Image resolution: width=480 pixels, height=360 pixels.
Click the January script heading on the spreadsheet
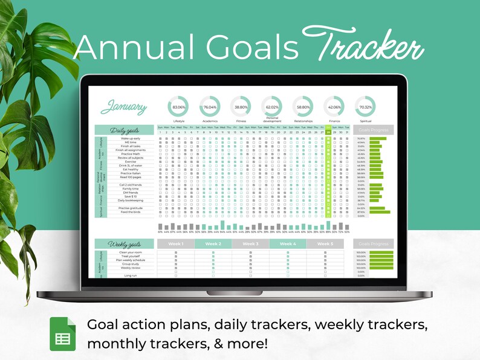click(124, 108)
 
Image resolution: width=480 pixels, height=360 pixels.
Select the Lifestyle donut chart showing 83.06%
click(178, 107)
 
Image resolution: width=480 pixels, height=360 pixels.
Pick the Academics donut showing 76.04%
click(210, 107)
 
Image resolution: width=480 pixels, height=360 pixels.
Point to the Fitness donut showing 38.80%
click(241, 107)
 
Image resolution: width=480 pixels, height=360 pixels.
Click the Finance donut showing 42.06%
click(334, 107)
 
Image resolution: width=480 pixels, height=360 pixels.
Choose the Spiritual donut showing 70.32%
click(365, 107)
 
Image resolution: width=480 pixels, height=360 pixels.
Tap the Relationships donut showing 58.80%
click(303, 107)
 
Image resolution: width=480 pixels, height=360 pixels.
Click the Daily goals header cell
click(125, 130)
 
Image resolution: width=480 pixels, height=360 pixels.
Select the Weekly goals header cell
click(125, 243)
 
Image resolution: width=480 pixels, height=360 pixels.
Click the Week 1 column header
click(176, 243)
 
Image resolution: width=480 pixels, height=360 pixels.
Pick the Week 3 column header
click(250, 243)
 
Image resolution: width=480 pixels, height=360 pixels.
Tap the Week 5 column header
click(325, 243)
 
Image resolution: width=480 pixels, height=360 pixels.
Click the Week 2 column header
click(213, 243)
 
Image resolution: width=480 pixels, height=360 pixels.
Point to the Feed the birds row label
click(131, 212)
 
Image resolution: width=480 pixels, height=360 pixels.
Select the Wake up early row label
click(131, 138)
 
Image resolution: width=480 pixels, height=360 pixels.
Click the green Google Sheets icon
click(63, 333)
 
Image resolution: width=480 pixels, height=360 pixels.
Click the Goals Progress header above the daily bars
click(373, 130)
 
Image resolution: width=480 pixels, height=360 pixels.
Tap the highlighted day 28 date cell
click(328, 132)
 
